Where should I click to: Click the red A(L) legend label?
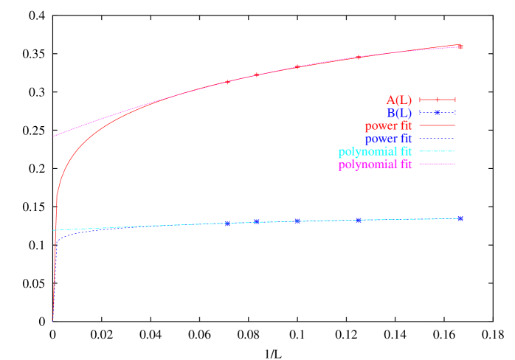(398, 100)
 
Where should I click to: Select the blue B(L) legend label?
(399, 113)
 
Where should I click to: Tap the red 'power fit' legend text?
(387, 125)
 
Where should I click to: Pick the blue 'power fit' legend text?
(387, 139)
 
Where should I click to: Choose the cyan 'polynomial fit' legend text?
(375, 152)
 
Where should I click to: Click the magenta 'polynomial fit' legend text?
(375, 165)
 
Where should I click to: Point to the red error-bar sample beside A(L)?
(438, 100)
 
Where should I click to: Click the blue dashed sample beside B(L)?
(438, 112)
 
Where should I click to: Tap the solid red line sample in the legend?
(438, 125)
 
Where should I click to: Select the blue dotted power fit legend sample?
(438, 139)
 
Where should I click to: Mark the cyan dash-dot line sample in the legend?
(438, 151)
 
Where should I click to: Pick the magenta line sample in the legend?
(438, 164)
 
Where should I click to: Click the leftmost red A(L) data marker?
(227, 82)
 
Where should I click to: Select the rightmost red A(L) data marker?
(460, 46)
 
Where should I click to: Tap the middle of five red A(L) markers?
(297, 66)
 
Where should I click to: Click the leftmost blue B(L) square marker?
(227, 224)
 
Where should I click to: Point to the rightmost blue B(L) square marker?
(460, 218)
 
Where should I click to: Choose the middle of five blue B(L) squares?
(297, 221)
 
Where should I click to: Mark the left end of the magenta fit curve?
(54, 136)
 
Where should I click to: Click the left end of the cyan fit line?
(54, 230)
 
